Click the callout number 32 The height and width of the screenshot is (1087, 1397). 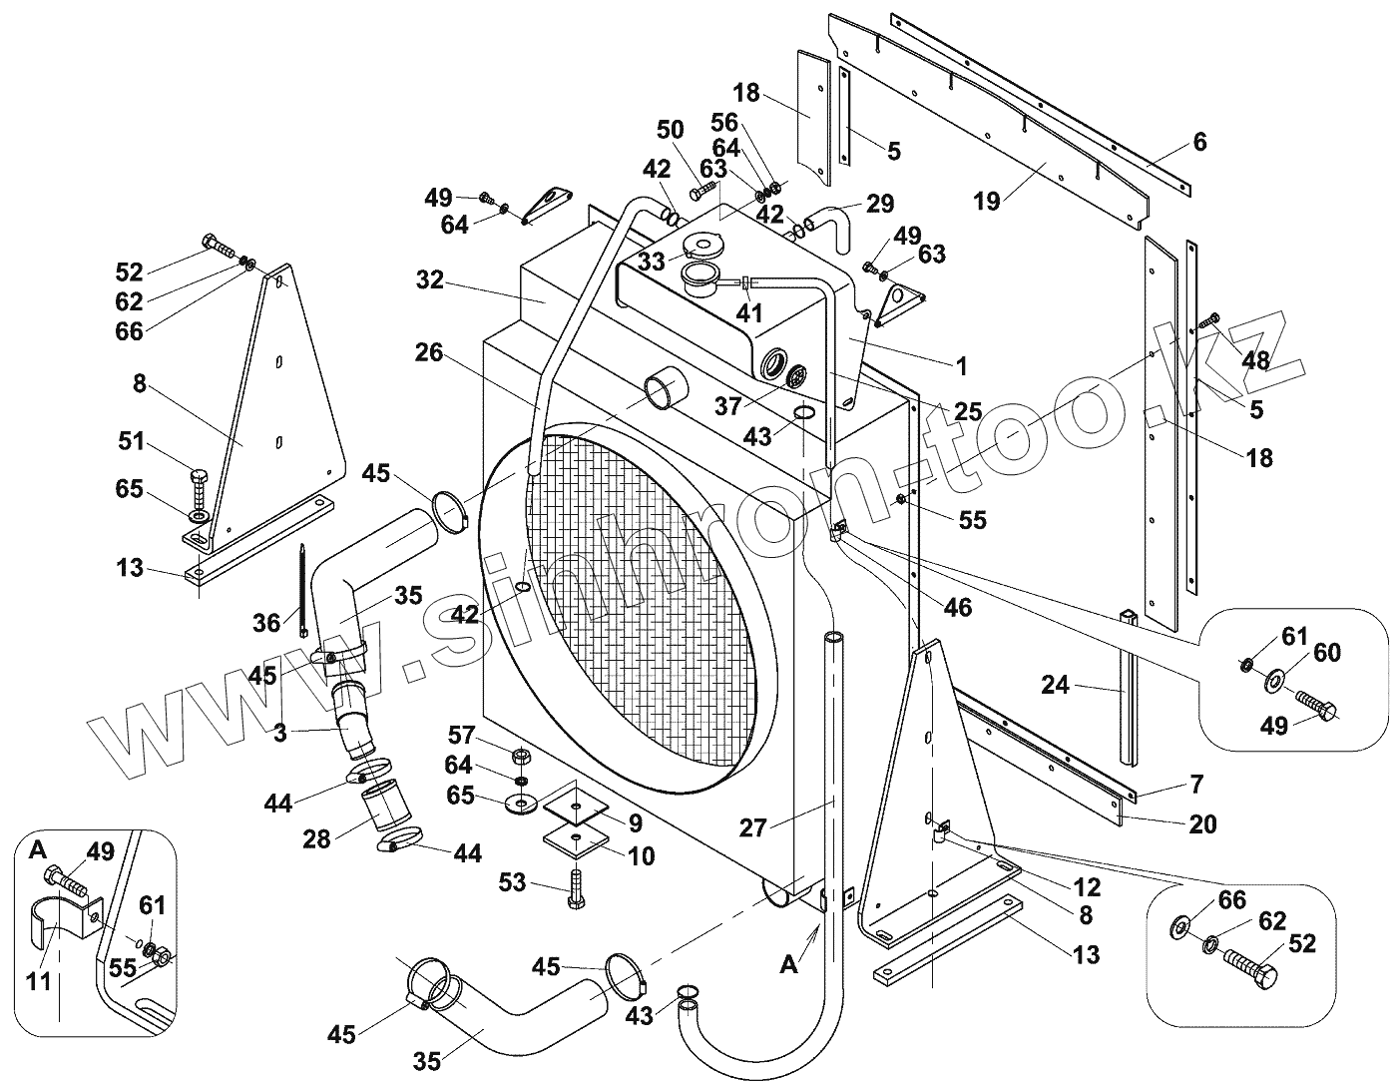pyautogui.click(x=430, y=281)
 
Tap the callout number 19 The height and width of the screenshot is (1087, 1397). pyautogui.click(x=988, y=201)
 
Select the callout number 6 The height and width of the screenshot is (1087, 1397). pyautogui.click(x=1199, y=142)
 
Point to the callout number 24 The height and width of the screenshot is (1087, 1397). pyautogui.click(x=1056, y=685)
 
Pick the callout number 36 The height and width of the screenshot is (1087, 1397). pyautogui.click(x=266, y=623)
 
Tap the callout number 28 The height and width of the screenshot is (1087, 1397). pyautogui.click(x=316, y=838)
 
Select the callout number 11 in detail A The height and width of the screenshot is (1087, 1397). pyautogui.click(x=38, y=981)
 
